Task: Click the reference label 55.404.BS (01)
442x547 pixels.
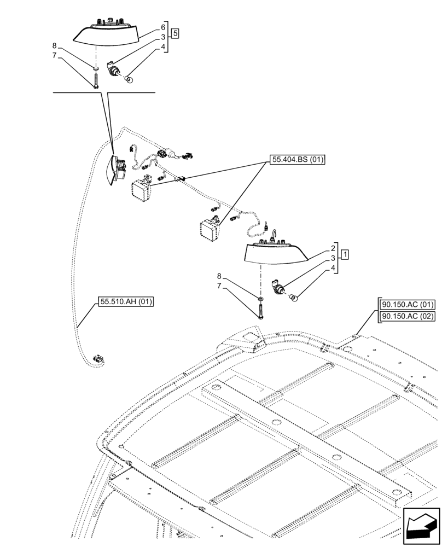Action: [x=296, y=160]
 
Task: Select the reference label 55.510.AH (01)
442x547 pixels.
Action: [x=126, y=301]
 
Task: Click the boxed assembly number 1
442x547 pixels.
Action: [x=344, y=255]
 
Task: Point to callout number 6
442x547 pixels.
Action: [x=163, y=27]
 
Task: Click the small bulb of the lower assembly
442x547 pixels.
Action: [x=293, y=298]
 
